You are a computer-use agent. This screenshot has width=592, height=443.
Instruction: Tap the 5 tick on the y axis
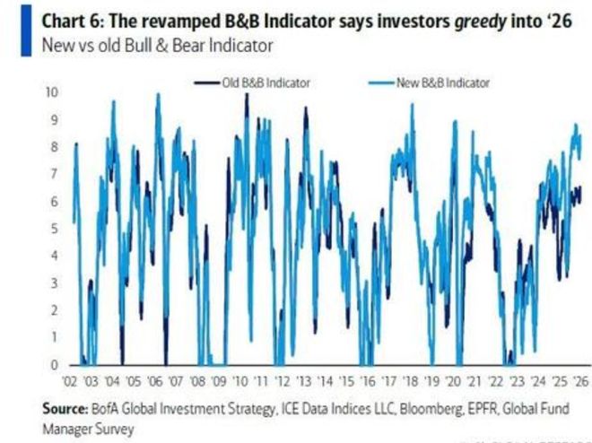click(53, 229)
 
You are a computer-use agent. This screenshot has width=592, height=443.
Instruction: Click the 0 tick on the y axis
click(53, 365)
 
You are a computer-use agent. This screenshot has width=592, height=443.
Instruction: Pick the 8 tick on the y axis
click(53, 147)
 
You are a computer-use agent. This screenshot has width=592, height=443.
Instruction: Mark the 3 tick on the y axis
click(53, 283)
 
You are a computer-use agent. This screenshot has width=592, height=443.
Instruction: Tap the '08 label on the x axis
click(197, 379)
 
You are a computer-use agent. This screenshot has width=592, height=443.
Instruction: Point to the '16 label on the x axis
click(366, 379)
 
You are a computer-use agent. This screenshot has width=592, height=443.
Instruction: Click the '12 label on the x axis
click(282, 379)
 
